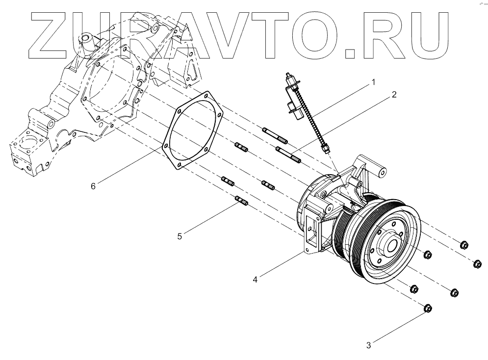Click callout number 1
(373, 82)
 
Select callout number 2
(393, 95)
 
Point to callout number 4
(256, 280)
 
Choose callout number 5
(180, 236)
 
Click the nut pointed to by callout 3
(427, 308)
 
